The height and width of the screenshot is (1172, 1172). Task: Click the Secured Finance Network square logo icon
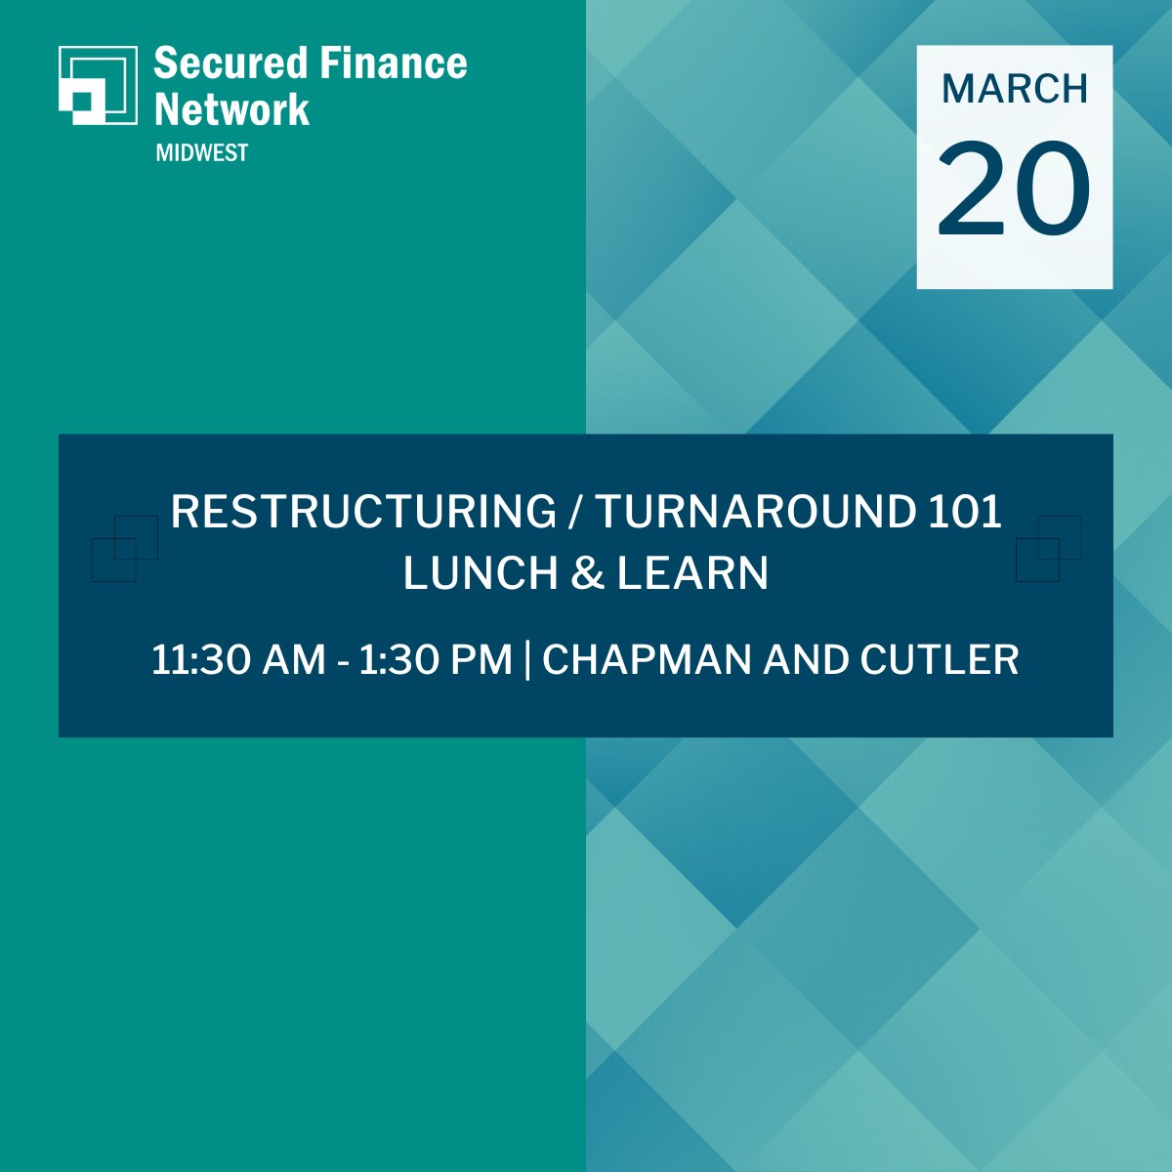click(x=98, y=85)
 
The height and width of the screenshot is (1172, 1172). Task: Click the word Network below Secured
click(x=232, y=109)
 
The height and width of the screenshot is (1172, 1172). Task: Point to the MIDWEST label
click(x=201, y=153)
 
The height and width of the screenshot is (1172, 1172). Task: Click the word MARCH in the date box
click(x=1015, y=89)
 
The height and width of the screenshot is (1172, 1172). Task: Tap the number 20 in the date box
click(x=1015, y=188)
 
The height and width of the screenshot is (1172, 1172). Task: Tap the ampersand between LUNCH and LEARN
click(x=585, y=573)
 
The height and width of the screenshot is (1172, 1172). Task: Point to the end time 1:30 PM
click(x=436, y=660)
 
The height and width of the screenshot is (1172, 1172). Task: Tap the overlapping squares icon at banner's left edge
click(x=124, y=548)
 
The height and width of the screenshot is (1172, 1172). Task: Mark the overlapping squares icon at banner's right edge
click(x=1048, y=548)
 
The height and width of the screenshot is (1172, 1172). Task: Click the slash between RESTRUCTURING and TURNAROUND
click(x=575, y=512)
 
